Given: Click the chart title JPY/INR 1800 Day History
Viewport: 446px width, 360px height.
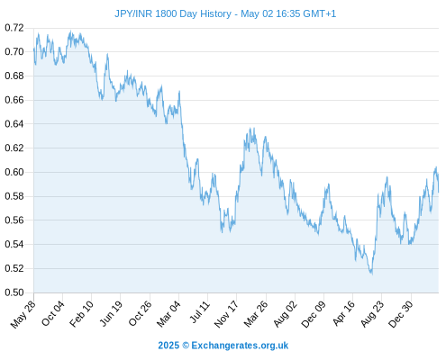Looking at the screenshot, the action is tap(173, 13).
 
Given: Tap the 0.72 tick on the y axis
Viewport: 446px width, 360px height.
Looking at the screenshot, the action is tap(14, 28).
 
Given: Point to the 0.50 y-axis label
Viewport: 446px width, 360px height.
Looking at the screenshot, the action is tap(14, 292).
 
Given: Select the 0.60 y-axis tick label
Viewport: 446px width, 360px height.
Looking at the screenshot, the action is tap(14, 172).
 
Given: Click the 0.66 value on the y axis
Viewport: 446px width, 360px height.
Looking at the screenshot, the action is tap(14, 100).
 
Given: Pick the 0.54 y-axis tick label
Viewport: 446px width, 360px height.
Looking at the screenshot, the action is tap(14, 244).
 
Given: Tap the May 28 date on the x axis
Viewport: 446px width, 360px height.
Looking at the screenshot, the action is tap(23, 314).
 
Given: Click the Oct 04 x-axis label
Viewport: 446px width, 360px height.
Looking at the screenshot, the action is tap(53, 313).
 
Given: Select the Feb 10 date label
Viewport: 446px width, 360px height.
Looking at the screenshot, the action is tap(81, 314).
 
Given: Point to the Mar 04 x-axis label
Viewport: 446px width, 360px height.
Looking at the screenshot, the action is tap(168, 314).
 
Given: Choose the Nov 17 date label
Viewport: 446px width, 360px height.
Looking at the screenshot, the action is tap(226, 314).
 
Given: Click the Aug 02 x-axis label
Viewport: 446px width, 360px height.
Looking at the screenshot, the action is tap(286, 314).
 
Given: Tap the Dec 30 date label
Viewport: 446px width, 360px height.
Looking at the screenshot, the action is tap(401, 314).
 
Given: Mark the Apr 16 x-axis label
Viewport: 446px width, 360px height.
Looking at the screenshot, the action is tap(344, 313).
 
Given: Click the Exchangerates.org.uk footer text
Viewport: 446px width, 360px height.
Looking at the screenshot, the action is tap(240, 346).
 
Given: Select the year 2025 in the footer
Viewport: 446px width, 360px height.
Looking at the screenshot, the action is tap(168, 346).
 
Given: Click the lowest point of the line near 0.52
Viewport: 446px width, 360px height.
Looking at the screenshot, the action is tap(372, 274).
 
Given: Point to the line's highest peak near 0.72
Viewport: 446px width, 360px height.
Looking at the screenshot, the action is tap(71, 31).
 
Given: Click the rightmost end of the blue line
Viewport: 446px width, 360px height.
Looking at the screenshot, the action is tap(439, 192).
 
